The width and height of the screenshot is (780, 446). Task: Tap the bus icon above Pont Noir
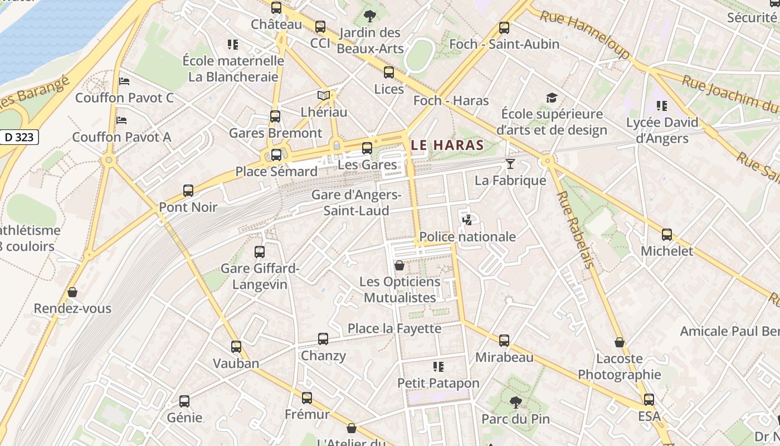pos(188,191)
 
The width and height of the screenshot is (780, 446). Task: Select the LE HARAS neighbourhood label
pos(447,146)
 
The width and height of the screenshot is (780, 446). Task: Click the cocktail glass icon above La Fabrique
pos(510,164)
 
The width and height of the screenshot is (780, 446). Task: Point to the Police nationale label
pos(467,236)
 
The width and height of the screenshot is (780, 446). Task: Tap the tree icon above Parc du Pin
pos(516,402)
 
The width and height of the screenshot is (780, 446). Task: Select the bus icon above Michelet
pos(667,235)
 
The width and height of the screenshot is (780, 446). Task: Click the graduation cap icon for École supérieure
pos(552,98)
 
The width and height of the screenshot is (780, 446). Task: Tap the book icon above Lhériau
pos(324,95)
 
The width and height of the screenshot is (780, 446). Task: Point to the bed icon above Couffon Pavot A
pos(121,120)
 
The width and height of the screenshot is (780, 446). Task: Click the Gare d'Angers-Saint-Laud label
pos(356,203)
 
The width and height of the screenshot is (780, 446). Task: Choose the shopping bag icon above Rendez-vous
pos(72,292)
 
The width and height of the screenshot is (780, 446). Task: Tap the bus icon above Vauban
pos(236,347)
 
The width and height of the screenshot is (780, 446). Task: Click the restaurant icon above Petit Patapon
pos(438,367)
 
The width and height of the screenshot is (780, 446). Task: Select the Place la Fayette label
pos(394,328)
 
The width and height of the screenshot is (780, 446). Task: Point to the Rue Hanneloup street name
pos(585,35)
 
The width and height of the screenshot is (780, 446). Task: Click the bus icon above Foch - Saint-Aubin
pos(504,27)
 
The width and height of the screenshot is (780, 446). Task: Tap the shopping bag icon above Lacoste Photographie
pos(619,342)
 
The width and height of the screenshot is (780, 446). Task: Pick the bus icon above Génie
pos(184,401)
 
